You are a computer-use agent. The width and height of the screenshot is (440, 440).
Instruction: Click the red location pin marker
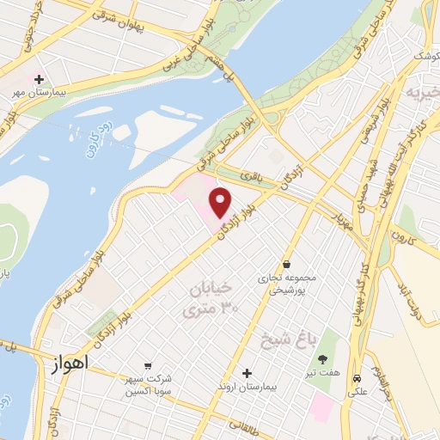click(221, 202)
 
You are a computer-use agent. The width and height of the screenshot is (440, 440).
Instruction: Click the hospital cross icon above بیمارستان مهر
click(39, 79)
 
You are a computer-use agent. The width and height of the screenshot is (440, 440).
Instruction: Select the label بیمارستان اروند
click(247, 388)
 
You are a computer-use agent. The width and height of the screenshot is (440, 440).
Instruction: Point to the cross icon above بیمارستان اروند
click(247, 374)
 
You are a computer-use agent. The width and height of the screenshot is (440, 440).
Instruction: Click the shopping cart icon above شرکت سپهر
click(148, 365)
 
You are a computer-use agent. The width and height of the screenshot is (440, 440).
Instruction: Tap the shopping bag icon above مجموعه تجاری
click(285, 265)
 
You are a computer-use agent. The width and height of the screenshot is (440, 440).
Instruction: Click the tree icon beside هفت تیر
click(323, 359)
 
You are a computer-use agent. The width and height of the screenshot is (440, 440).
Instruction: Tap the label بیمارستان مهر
click(40, 92)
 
